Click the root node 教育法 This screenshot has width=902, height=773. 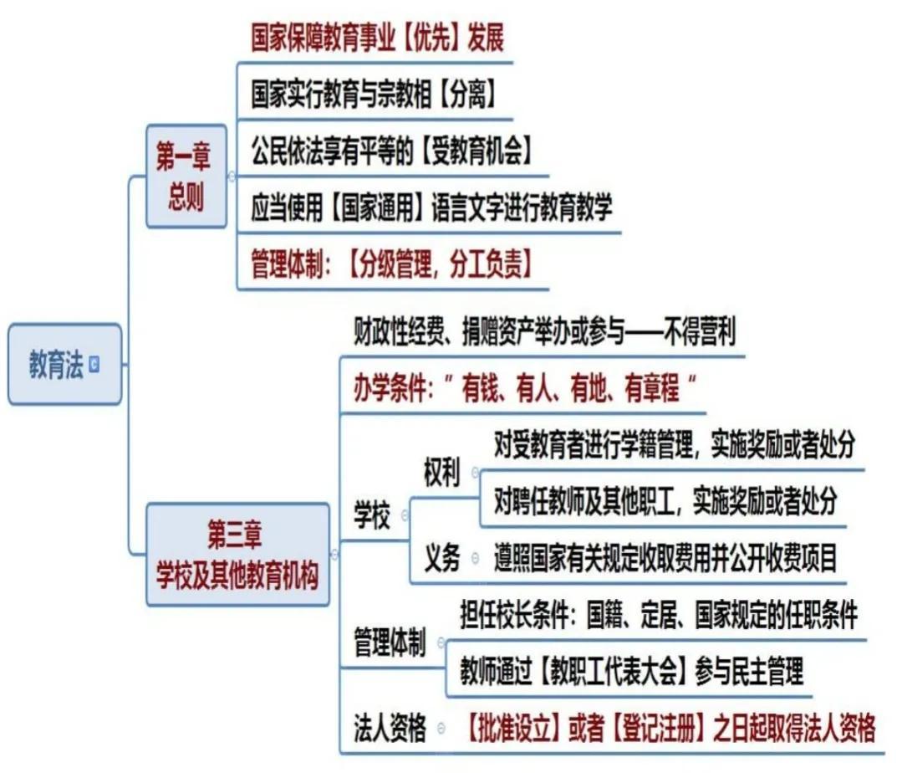click(57, 366)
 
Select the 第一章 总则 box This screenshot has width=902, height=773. click(186, 177)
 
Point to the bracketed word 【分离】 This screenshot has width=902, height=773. click(469, 94)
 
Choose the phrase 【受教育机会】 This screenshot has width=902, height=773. click(476, 151)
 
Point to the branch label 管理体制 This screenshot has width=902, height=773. click(390, 642)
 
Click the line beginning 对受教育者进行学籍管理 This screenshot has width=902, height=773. click(674, 446)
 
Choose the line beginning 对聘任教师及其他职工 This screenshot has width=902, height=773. click(665, 502)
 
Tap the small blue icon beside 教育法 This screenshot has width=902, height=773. click(94, 365)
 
